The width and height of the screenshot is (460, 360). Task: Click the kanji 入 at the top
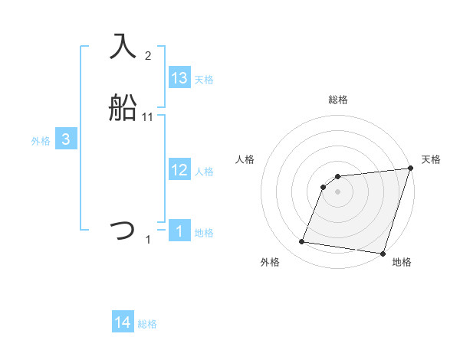tap(123, 46)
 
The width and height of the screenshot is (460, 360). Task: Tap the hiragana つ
tap(123, 229)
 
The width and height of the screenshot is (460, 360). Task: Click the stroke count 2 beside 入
tap(148, 56)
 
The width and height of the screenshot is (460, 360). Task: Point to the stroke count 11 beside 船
tap(148, 117)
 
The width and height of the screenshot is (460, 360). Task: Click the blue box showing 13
tap(179, 78)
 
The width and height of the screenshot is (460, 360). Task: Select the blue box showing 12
tap(179, 171)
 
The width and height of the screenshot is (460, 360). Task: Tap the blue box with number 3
tap(66, 139)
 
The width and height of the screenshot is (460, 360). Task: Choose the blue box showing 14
tap(123, 322)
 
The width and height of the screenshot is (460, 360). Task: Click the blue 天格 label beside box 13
tap(204, 80)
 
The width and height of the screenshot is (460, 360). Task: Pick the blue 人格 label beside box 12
tap(204, 172)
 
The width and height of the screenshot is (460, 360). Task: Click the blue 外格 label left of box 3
tap(41, 141)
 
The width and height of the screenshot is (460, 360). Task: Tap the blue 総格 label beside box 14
tap(147, 324)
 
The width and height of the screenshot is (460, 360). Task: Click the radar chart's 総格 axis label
tap(338, 100)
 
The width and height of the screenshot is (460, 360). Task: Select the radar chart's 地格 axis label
tap(402, 263)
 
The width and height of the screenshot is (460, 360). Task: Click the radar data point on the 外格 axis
tap(302, 242)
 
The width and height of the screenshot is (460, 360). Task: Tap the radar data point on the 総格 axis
tap(338, 177)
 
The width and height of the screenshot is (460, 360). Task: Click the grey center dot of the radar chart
tap(338, 191)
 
